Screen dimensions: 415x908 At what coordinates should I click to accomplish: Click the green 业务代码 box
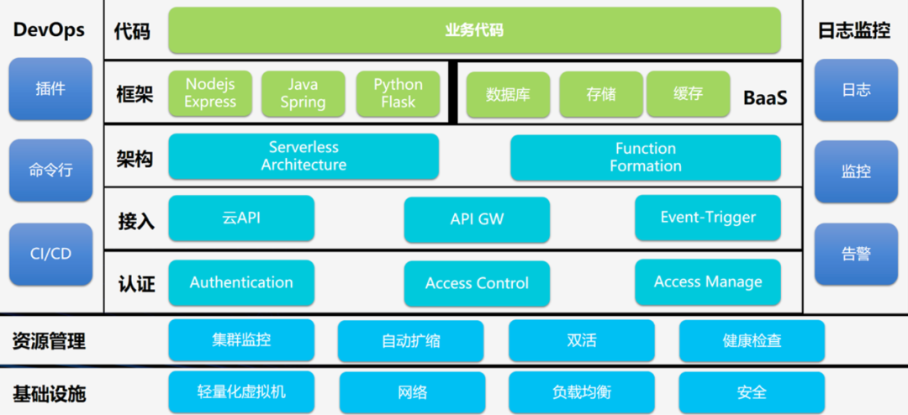(474, 31)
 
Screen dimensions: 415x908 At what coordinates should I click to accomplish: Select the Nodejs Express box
(210, 93)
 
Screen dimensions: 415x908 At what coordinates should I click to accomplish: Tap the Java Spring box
(303, 93)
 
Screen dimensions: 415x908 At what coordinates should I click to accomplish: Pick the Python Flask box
(399, 93)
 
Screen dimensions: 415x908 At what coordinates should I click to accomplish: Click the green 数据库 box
(508, 94)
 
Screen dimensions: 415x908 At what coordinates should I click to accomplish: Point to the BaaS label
(765, 97)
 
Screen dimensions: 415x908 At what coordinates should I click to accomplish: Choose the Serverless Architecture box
(304, 156)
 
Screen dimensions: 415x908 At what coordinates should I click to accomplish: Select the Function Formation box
(645, 157)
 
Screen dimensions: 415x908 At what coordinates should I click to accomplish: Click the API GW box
(477, 219)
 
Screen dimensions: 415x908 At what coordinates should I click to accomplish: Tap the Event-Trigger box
(707, 218)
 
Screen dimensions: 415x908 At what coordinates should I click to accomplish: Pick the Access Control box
(477, 283)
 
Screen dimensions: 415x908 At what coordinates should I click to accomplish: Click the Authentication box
(241, 282)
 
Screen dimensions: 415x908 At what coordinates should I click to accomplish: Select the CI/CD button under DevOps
(50, 254)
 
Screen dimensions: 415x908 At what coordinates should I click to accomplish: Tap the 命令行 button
(50, 171)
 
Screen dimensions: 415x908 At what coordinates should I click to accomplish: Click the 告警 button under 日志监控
(856, 254)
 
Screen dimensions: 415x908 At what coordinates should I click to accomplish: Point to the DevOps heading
(50, 30)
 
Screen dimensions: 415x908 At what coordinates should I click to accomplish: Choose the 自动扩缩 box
(410, 341)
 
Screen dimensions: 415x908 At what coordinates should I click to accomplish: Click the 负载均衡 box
(581, 392)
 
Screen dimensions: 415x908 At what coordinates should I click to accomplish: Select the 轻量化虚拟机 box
(241, 391)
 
